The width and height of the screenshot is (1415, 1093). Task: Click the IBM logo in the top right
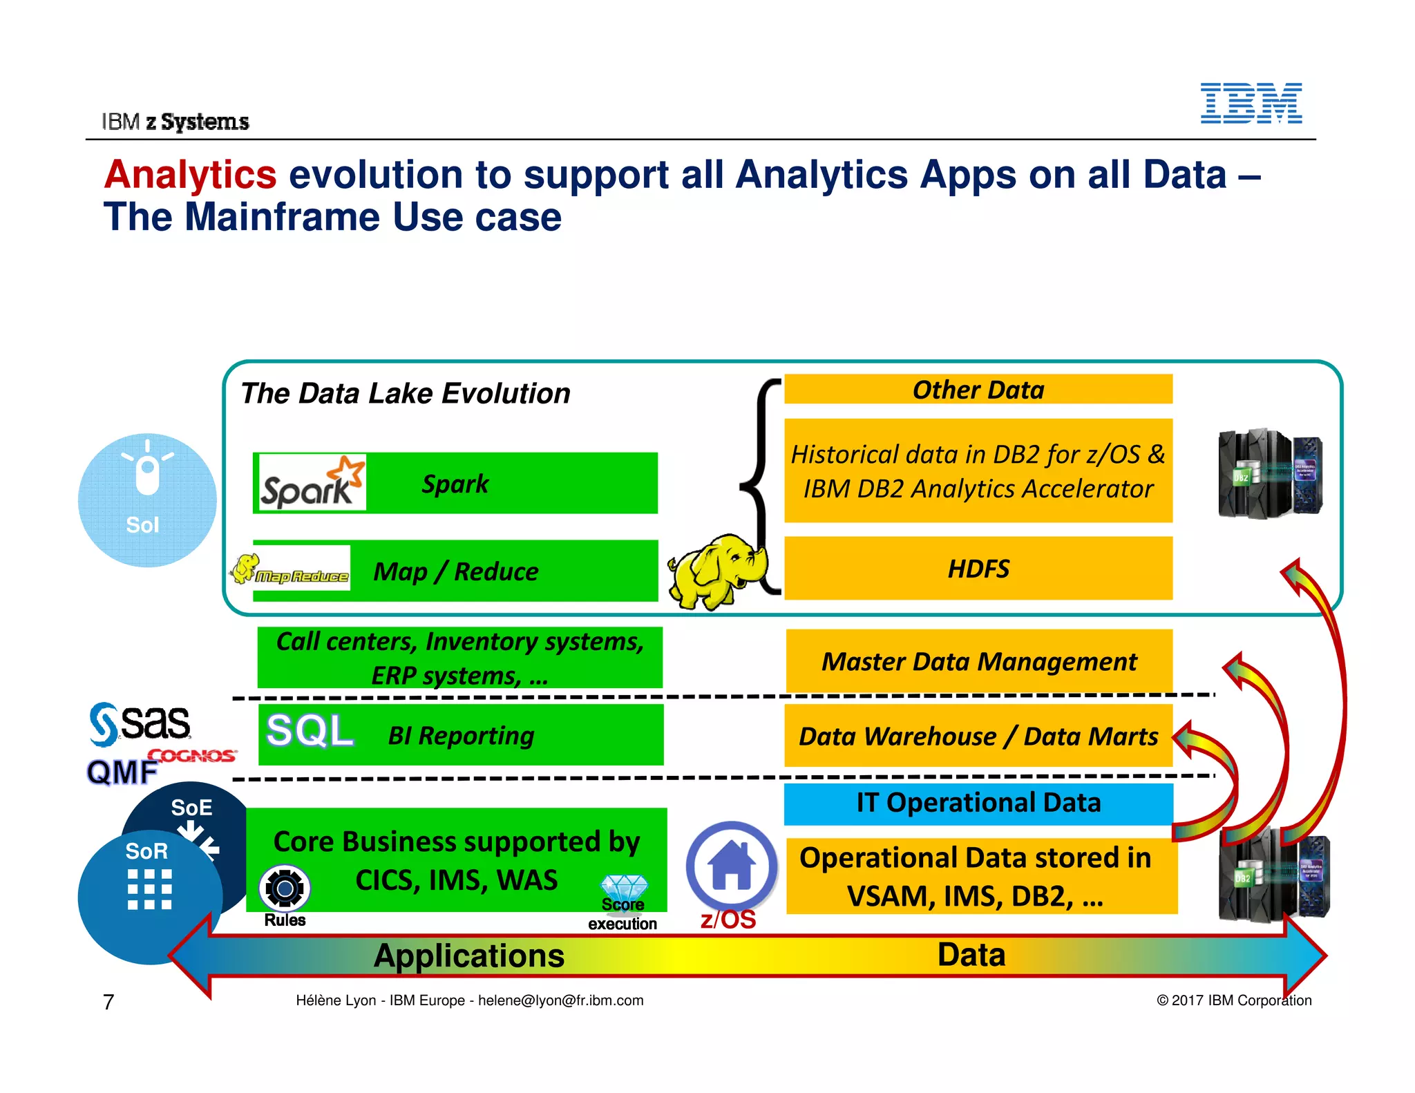(1251, 104)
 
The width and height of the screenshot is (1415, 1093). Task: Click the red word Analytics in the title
(190, 174)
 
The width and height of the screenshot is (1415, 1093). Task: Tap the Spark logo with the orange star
(311, 483)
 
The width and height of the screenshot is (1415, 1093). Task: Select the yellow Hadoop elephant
(715, 570)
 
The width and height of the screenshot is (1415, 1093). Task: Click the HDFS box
(978, 569)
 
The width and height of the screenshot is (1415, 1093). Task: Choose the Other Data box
(978, 390)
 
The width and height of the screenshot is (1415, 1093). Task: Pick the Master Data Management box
(978, 661)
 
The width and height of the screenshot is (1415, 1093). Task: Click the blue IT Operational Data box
(978, 803)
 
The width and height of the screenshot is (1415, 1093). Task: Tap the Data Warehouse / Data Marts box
(978, 736)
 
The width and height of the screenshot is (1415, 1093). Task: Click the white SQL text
(310, 731)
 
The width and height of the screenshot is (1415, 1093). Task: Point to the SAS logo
(140, 724)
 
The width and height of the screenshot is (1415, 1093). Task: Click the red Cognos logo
(193, 756)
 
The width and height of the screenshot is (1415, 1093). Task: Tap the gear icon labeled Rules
(285, 888)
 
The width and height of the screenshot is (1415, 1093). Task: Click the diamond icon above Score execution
(624, 886)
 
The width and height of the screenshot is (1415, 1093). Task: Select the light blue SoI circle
(147, 500)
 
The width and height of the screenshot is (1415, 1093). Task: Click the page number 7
(108, 1001)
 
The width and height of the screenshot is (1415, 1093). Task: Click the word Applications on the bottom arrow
(469, 956)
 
